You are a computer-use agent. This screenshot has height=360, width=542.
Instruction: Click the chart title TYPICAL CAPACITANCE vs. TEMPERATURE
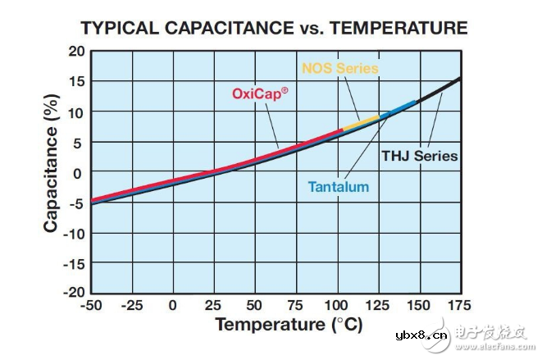click(x=274, y=29)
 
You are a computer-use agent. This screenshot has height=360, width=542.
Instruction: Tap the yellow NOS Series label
click(x=339, y=68)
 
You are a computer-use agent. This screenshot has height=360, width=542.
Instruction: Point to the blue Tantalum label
click(x=338, y=187)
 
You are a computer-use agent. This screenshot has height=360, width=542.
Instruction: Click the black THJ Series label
click(x=419, y=155)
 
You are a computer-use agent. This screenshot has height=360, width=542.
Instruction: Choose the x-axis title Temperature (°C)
click(x=289, y=325)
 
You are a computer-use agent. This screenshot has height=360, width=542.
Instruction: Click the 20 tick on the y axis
click(x=76, y=51)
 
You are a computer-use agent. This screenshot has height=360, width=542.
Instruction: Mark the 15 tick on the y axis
click(x=76, y=81)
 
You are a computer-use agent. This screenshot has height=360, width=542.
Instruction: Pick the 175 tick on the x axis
click(x=459, y=306)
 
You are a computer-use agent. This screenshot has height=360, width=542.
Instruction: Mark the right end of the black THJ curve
click(x=459, y=79)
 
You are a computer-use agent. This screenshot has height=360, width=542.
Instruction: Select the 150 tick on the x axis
click(x=417, y=306)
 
